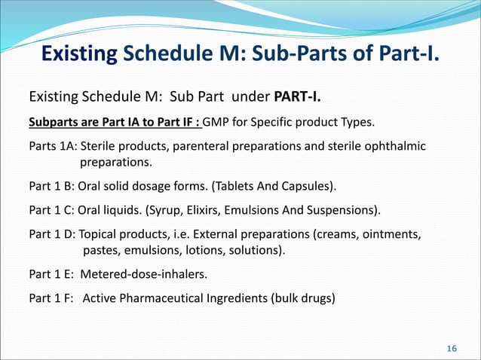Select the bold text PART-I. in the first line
click(300, 97)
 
